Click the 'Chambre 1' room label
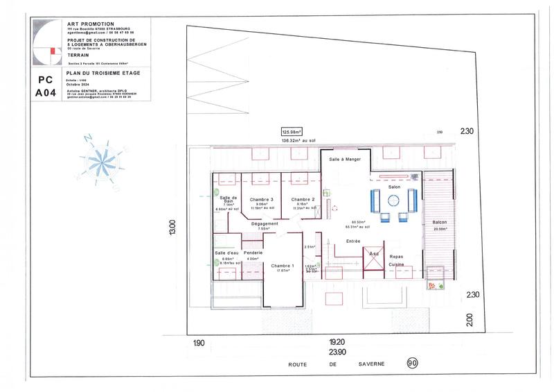point(283,266)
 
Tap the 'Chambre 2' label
point(303,198)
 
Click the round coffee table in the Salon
point(393,201)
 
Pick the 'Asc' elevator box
point(374,254)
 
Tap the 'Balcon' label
point(440,222)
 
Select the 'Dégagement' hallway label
point(264,223)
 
